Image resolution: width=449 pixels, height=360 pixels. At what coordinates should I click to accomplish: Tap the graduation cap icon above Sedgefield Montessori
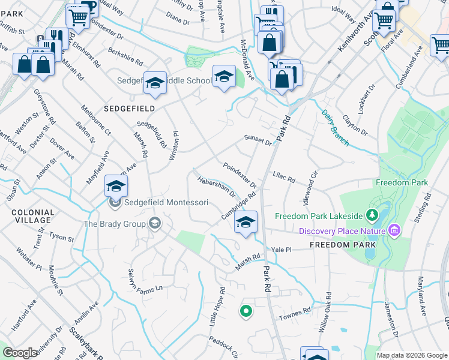116,185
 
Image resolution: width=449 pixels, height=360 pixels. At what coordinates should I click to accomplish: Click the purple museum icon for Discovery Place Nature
394,230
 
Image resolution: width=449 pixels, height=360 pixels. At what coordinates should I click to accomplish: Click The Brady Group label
114,224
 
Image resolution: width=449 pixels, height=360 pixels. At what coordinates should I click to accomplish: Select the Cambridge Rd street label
238,205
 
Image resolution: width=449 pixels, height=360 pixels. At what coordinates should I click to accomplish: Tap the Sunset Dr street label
258,140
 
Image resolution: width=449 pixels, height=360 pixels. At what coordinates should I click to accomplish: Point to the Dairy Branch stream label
334,127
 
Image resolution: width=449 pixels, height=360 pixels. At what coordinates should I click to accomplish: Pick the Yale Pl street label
281,250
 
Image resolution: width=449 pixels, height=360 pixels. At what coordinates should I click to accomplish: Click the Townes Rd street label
298,311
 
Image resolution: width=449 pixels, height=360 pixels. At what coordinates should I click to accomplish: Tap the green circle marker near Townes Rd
245,311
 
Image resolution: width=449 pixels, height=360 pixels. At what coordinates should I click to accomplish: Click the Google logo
20,353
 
